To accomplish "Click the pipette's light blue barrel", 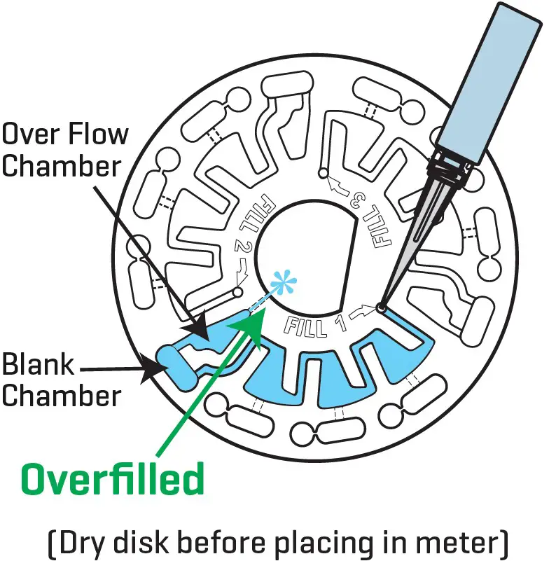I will pyautogui.click(x=489, y=77).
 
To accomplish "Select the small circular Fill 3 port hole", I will pyautogui.click(x=323, y=172).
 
